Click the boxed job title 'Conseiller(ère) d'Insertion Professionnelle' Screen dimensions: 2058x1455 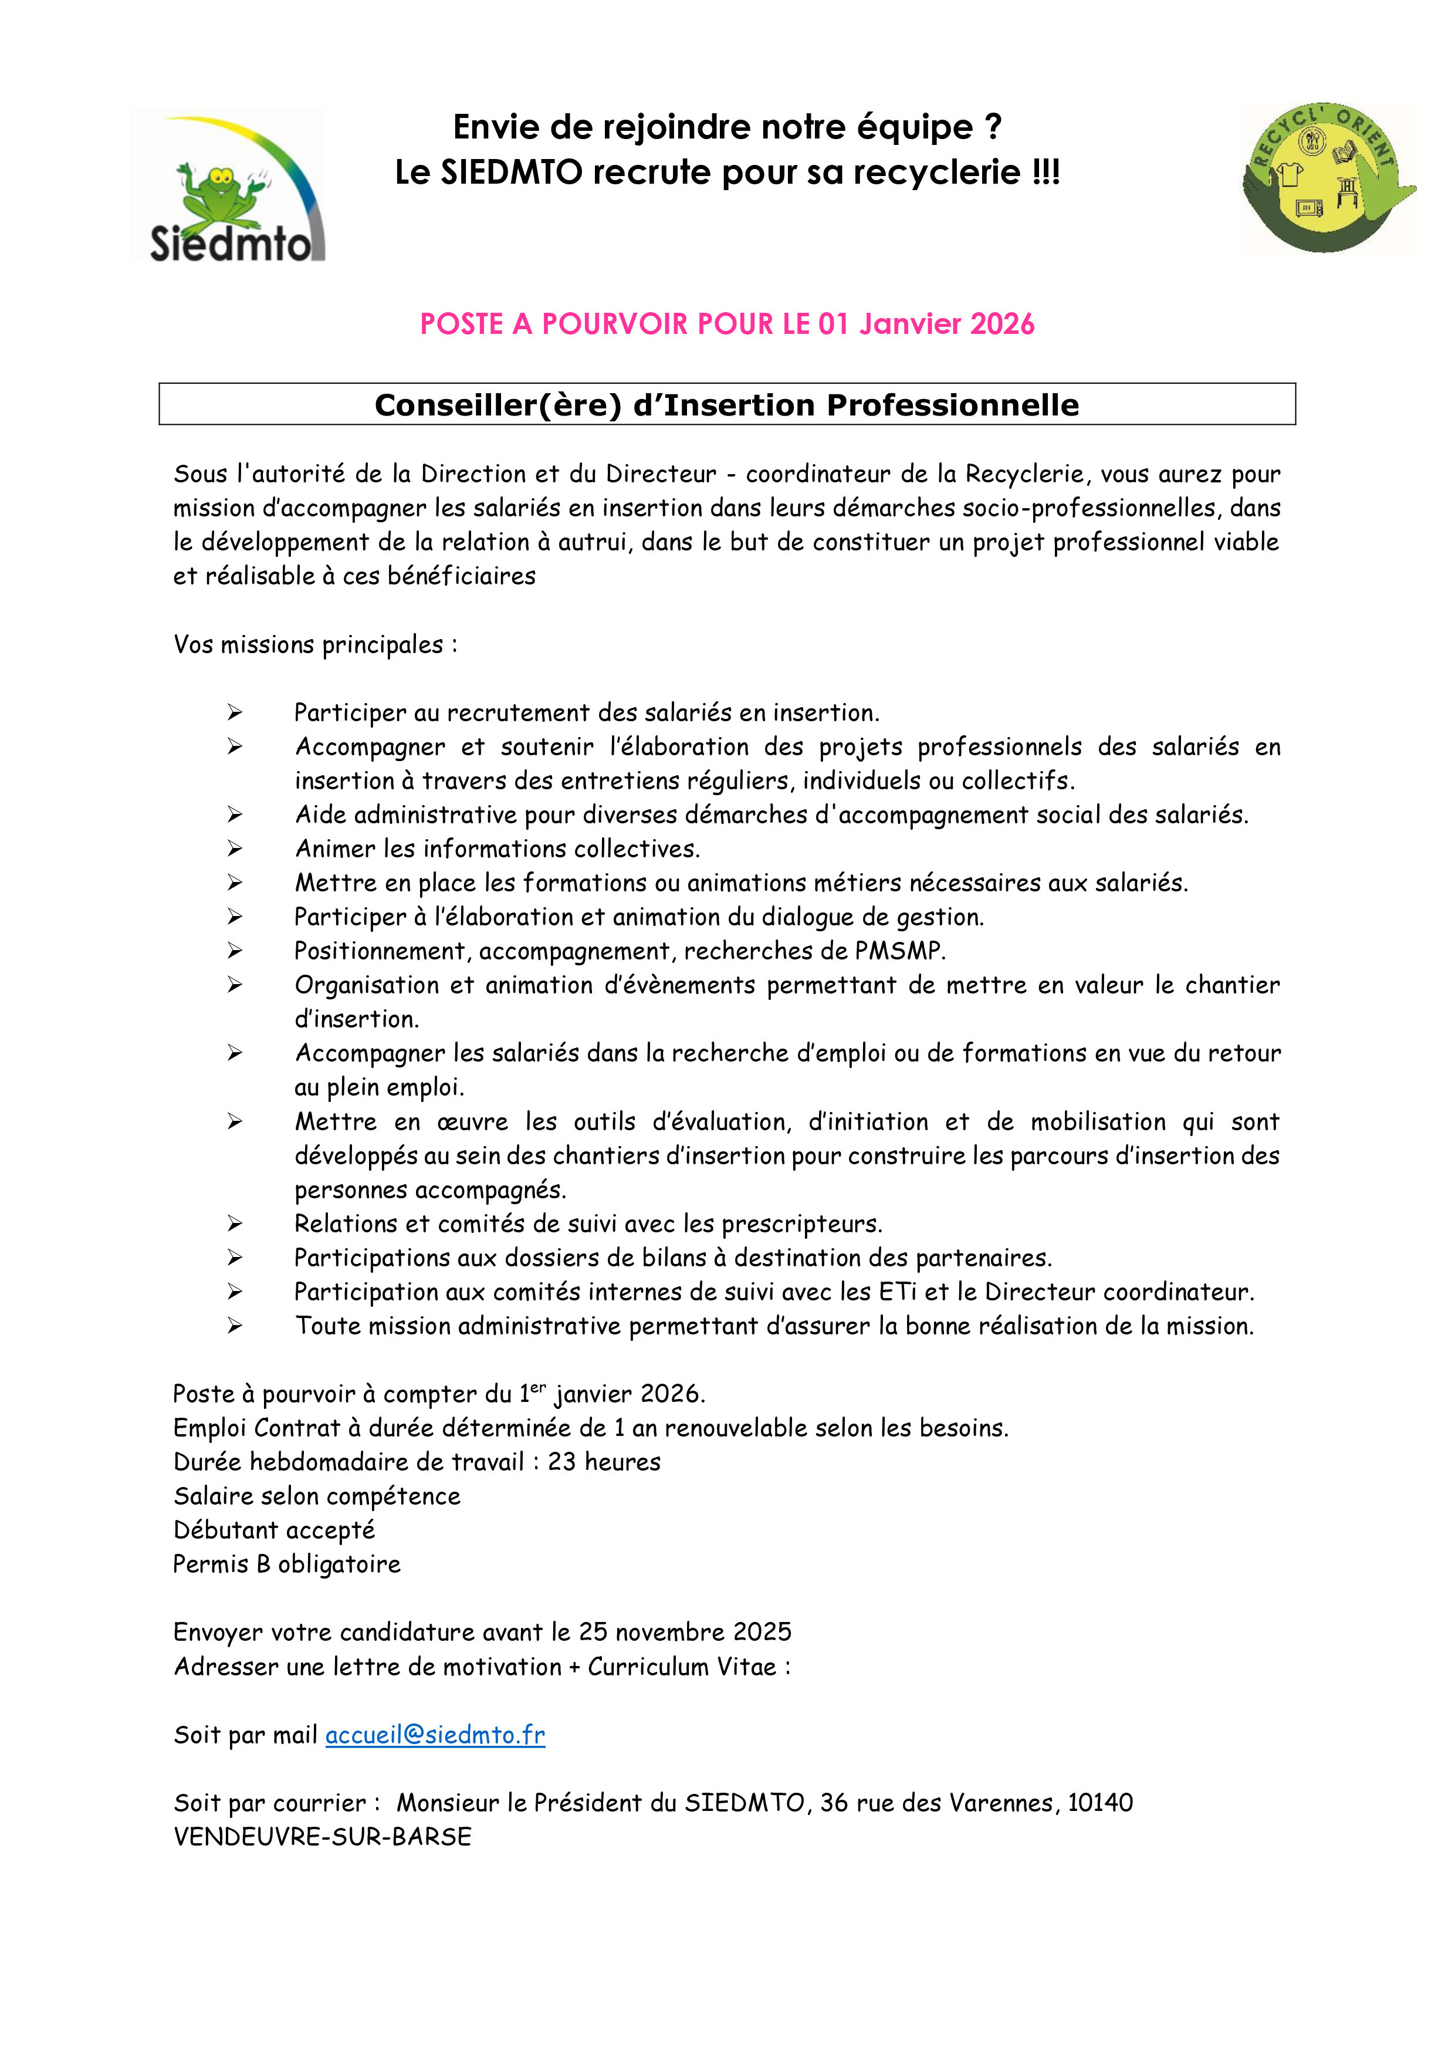click(x=726, y=405)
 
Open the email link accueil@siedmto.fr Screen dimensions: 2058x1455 click(x=435, y=1735)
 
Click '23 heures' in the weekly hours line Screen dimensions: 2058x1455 click(x=604, y=1462)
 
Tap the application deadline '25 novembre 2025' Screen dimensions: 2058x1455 click(x=685, y=1631)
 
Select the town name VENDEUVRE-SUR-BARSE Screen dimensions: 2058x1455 click(x=323, y=1837)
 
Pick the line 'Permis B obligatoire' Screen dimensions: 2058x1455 click(x=287, y=1564)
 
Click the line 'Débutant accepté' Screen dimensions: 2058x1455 click(x=274, y=1530)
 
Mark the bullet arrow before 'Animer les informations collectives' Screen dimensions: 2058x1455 click(x=235, y=848)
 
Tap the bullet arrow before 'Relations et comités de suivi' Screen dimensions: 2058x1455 click(x=235, y=1224)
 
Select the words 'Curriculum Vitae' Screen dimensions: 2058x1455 click(x=682, y=1667)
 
